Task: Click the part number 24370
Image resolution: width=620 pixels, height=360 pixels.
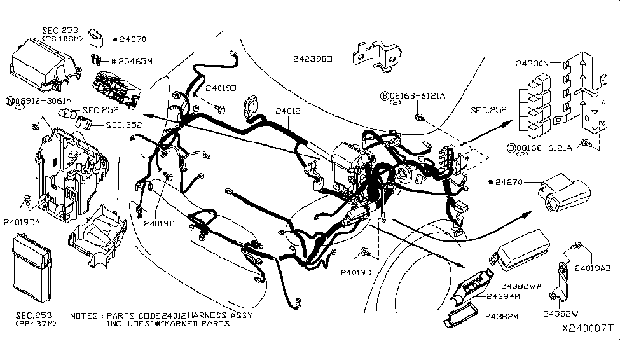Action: [132, 39]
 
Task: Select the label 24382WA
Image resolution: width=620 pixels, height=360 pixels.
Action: [521, 286]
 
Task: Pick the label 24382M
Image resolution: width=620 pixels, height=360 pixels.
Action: [502, 316]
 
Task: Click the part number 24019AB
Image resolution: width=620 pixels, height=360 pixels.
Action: [593, 268]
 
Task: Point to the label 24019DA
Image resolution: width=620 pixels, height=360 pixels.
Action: [22, 222]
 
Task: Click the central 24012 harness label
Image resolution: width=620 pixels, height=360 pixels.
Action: [287, 111]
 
